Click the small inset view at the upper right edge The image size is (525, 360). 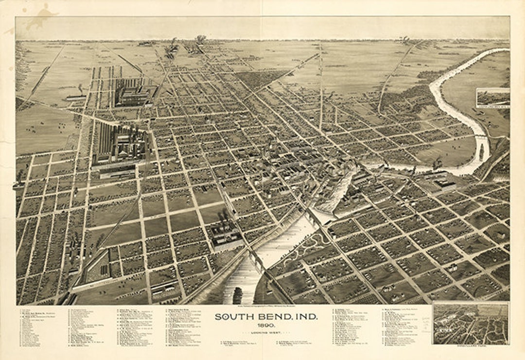coord(493,97)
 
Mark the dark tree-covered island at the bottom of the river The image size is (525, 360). coord(238,295)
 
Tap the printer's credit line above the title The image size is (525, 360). coord(266,306)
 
